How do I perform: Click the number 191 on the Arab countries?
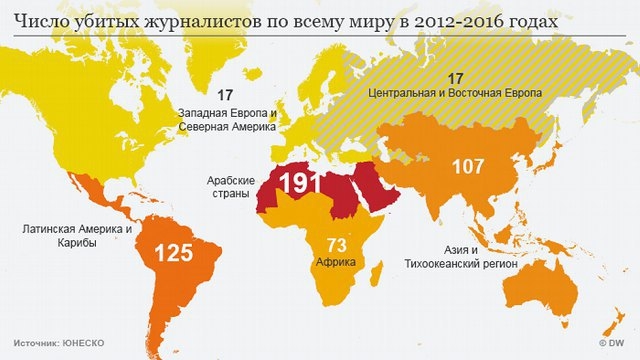[299, 184]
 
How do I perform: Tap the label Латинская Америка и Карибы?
[77, 236]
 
